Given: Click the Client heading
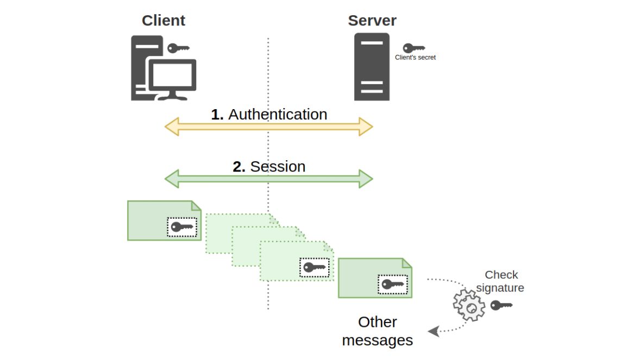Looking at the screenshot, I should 163,21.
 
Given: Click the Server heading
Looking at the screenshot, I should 372,21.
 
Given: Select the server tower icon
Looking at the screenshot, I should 372,67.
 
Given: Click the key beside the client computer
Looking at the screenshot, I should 178,48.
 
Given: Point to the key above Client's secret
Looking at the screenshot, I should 414,48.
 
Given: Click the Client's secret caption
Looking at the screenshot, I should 415,58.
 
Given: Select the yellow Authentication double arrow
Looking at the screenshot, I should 268,127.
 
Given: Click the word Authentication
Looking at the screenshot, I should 277,115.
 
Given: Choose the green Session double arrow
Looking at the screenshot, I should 268,179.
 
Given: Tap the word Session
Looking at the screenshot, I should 277,166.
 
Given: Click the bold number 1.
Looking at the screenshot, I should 217,115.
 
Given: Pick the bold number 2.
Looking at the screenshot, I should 239,166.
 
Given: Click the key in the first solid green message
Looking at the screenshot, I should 182,227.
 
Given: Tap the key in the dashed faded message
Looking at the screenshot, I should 315,267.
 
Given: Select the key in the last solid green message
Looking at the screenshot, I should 393,284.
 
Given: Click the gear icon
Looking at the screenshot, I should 469,305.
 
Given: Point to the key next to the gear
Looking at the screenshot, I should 501,305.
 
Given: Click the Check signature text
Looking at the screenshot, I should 500,281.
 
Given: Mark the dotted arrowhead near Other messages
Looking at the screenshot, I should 433,331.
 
